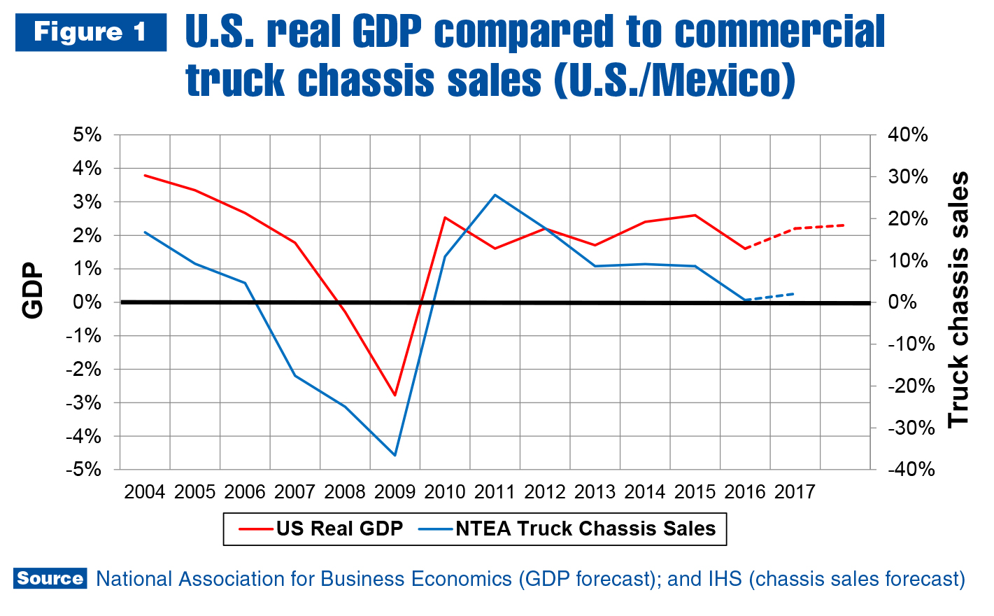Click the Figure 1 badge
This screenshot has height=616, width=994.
tap(91, 32)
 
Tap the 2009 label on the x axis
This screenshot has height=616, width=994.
tap(395, 492)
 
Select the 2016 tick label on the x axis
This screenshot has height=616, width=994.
tap(745, 492)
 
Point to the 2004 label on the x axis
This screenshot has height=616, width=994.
tap(145, 492)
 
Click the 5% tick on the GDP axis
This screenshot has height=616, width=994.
tap(87, 134)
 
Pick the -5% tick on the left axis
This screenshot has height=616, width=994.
tap(84, 469)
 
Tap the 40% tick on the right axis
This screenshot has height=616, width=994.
tap(907, 134)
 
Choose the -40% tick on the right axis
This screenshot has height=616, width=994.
tap(911, 469)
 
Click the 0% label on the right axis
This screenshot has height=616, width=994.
tap(902, 302)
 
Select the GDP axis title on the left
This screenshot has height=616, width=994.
tap(33, 290)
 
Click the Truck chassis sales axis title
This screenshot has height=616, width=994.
tap(958, 299)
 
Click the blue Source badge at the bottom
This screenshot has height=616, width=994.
tap(50, 578)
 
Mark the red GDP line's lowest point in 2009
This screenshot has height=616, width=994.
tap(395, 395)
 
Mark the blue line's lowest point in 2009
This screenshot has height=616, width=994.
tap(395, 455)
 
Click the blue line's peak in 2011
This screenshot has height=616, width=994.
tap(495, 195)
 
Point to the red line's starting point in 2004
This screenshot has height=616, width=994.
tap(145, 175)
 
